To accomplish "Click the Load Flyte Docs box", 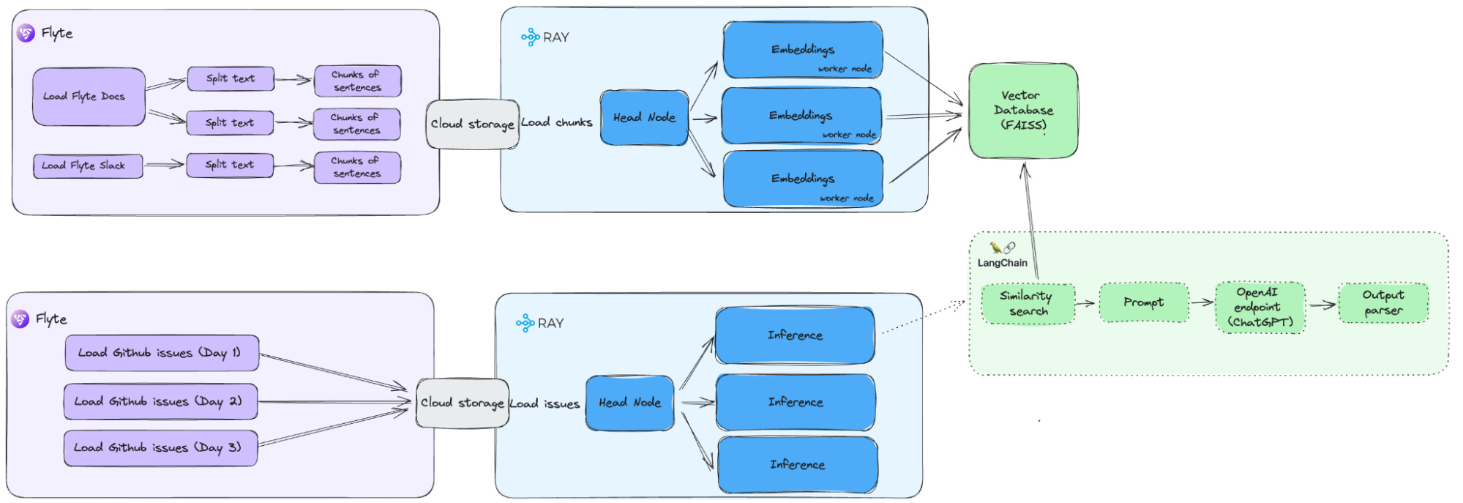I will click(89, 97).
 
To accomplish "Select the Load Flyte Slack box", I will click(88, 166).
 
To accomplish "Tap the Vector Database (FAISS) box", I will click(1023, 111).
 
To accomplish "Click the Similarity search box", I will click(1028, 304).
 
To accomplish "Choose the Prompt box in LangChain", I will click(1143, 302).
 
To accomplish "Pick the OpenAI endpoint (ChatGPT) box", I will click(1260, 308).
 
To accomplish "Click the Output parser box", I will click(1382, 302).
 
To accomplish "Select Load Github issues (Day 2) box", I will click(160, 401).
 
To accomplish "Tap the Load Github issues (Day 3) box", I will click(160, 448).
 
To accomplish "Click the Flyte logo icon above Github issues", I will click(20, 319).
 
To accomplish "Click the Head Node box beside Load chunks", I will click(644, 118).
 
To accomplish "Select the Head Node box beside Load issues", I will click(629, 403).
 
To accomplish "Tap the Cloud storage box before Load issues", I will click(462, 403).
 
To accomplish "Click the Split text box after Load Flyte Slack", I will click(230, 165).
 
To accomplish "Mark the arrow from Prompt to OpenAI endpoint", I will click(1201, 302).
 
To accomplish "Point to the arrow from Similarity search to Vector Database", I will click(1030, 220).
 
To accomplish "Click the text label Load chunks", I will click(557, 122).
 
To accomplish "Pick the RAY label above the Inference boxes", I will click(549, 323).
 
